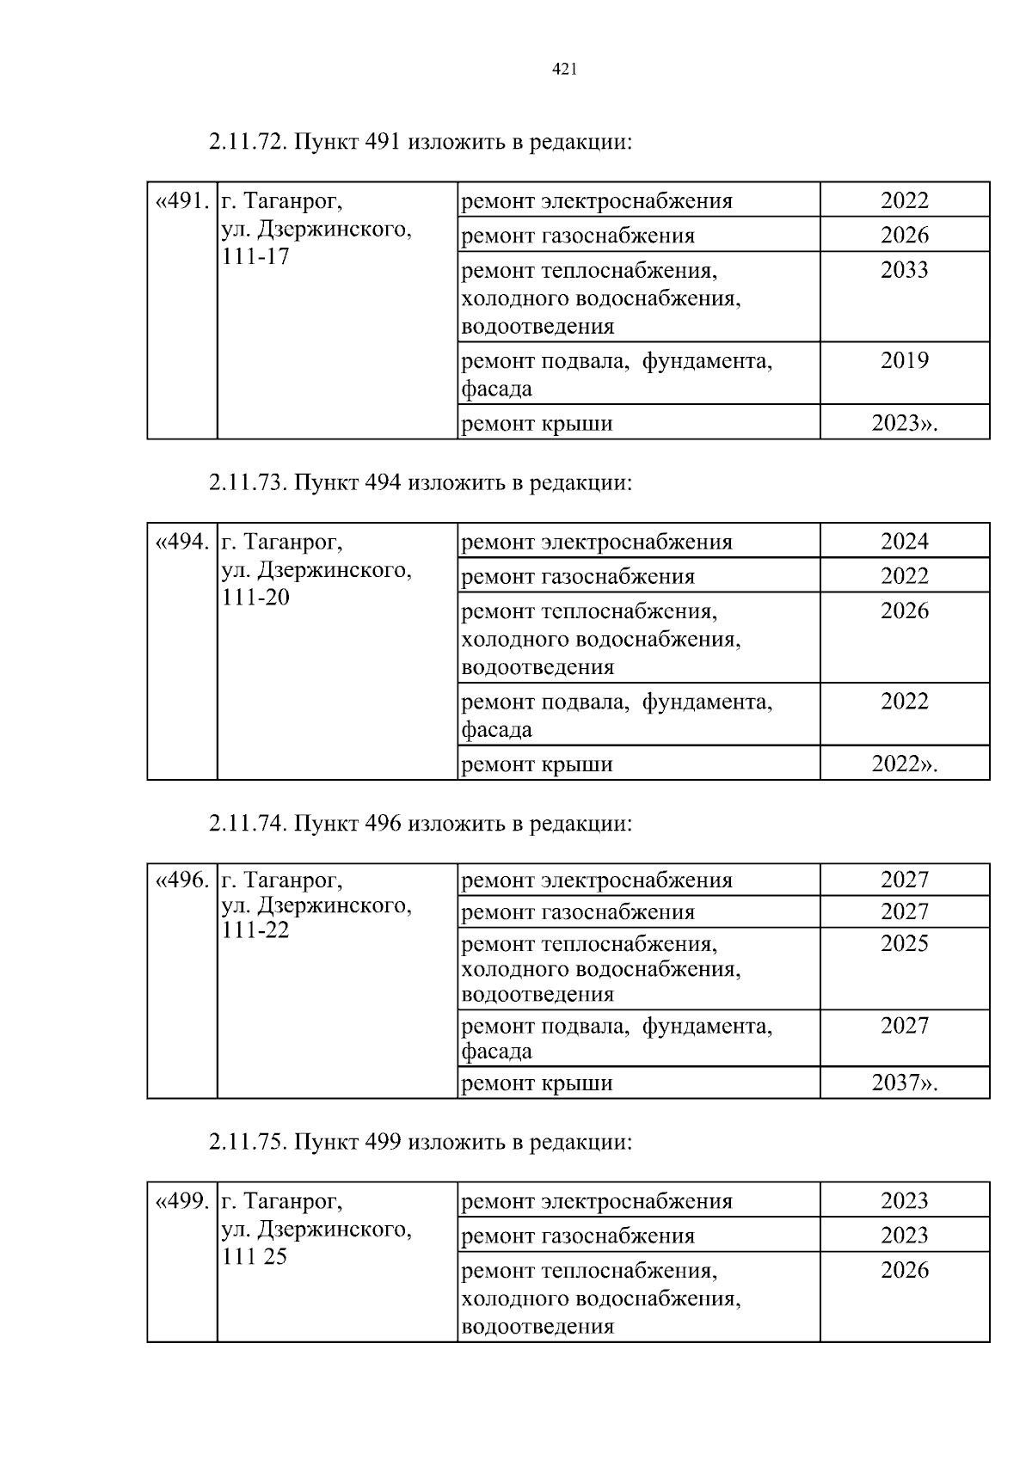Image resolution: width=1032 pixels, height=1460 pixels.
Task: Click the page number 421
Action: pos(563,70)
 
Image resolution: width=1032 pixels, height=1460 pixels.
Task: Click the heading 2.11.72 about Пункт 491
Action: pos(420,142)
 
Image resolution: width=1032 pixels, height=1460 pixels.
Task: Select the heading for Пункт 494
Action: pos(420,483)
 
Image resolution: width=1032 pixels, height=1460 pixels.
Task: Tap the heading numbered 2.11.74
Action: pos(420,824)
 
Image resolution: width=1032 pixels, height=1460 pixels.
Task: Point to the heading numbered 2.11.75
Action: pos(420,1142)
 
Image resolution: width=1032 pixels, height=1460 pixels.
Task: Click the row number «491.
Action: pos(182,202)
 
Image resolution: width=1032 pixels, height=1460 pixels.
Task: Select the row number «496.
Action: pos(182,880)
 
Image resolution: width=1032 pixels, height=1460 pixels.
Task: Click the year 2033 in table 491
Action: pos(905,270)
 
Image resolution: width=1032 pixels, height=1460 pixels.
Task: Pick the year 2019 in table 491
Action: pos(905,360)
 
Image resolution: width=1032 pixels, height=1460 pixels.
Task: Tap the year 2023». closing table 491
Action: pos(905,423)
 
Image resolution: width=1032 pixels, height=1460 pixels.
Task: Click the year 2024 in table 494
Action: pos(905,542)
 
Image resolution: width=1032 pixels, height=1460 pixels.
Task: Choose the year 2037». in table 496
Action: pos(905,1083)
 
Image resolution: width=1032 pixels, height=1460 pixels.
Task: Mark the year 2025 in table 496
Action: pos(905,943)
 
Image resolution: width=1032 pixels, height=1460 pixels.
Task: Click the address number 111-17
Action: pos(255,257)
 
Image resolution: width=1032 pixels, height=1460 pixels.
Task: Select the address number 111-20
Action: pos(255,598)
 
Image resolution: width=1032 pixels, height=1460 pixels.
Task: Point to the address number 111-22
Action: pos(255,930)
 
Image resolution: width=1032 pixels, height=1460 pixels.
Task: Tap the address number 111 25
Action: pos(255,1257)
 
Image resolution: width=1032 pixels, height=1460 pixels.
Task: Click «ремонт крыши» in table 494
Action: pos(537,764)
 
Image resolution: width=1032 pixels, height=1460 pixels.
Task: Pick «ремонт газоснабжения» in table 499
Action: pos(578,1236)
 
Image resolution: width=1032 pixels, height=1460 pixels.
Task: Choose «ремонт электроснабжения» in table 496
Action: pos(597,880)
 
